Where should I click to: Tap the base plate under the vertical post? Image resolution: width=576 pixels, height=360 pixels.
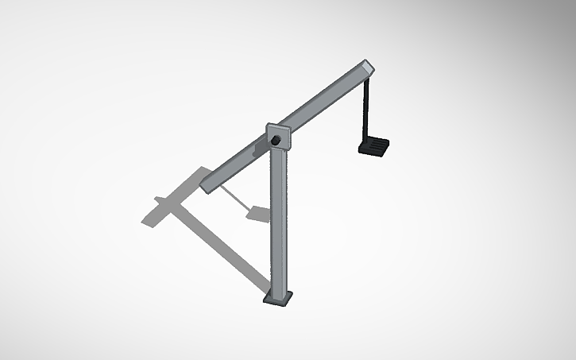(x=278, y=299)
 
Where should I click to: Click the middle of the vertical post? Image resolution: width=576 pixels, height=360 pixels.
(x=277, y=223)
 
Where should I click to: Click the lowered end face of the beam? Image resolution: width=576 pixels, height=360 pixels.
(x=207, y=186)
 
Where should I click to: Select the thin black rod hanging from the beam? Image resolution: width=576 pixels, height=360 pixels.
(x=367, y=111)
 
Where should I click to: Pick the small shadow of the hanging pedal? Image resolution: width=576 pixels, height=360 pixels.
(x=258, y=212)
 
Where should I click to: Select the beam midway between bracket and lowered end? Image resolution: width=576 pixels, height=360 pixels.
(x=238, y=163)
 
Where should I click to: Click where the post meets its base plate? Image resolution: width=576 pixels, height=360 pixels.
(x=278, y=292)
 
